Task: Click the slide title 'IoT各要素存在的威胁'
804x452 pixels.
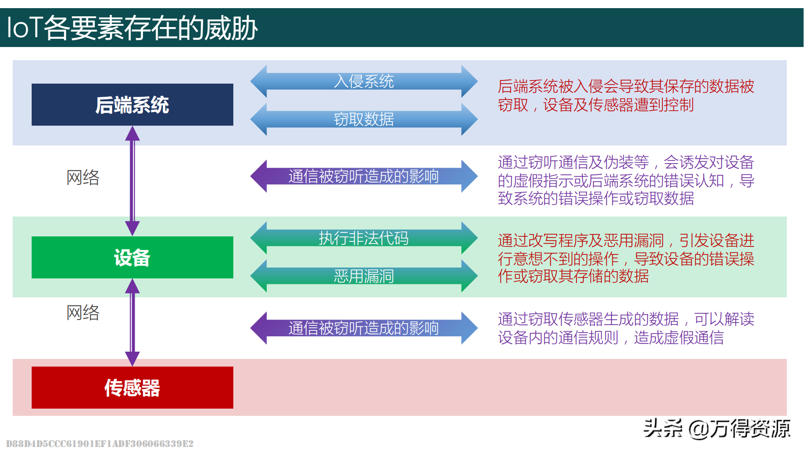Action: [x=132, y=28]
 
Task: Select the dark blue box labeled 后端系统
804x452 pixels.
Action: [x=132, y=104]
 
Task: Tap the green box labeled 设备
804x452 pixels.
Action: [x=132, y=257]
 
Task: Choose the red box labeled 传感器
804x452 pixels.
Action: [x=132, y=387]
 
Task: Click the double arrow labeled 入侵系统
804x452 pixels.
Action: [x=364, y=81]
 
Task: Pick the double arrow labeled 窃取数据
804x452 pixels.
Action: [x=364, y=119]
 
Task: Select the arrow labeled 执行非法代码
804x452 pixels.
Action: [x=364, y=238]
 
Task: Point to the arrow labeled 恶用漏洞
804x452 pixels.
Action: [x=364, y=276]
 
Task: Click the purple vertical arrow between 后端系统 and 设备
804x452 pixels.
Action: [x=132, y=181]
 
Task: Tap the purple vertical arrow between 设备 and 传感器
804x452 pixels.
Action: [x=132, y=322]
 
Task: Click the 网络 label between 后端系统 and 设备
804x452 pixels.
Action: [x=83, y=177]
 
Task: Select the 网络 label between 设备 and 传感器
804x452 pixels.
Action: [x=83, y=312]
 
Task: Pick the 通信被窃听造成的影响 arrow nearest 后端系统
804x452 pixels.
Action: [x=364, y=176]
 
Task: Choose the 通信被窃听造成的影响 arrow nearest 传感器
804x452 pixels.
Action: [x=364, y=328]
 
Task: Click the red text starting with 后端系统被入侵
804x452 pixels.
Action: [x=626, y=95]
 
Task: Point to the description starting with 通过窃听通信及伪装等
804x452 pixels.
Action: [x=626, y=180]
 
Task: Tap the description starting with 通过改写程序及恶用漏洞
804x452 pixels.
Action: [x=626, y=258]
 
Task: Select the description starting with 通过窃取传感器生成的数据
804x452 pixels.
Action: [x=626, y=328]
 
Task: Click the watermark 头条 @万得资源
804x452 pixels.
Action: [x=717, y=428]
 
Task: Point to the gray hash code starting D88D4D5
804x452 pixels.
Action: [x=99, y=443]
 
